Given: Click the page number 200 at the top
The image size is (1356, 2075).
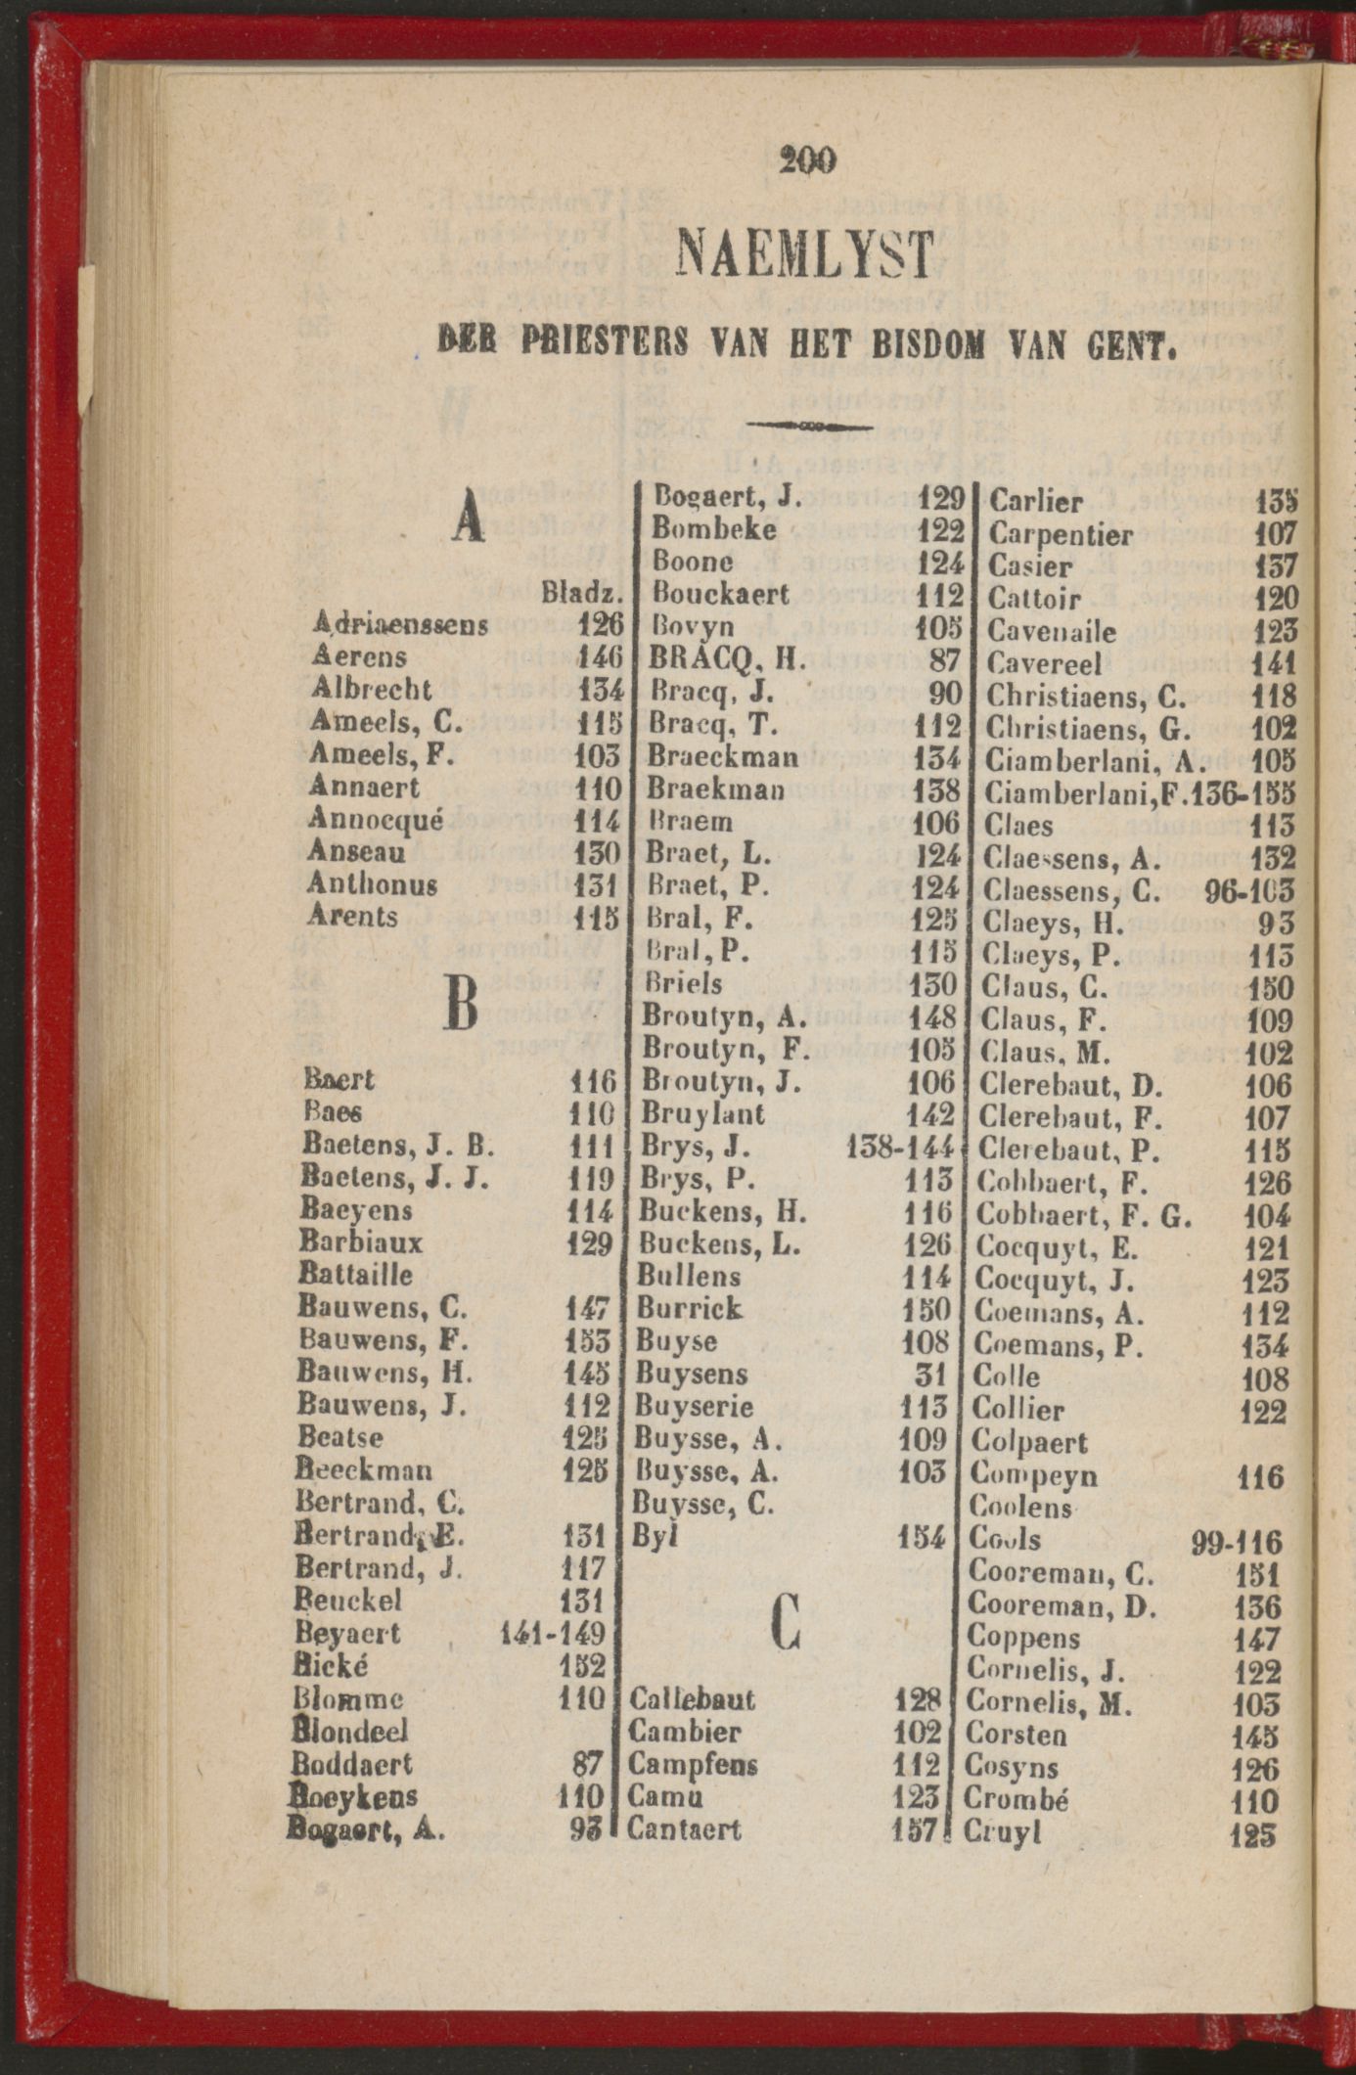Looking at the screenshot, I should pyautogui.click(x=808, y=159).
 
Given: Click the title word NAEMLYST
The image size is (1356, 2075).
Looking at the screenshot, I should pyautogui.click(x=806, y=254).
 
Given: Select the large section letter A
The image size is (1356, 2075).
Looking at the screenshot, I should pyautogui.click(x=469, y=516).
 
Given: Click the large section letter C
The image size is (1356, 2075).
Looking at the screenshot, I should pyautogui.click(x=786, y=1619).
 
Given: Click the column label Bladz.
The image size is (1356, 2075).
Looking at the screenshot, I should pyautogui.click(x=583, y=594).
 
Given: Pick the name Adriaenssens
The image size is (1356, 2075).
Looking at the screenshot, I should pyautogui.click(x=399, y=624).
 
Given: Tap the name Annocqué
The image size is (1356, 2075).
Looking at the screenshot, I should pyautogui.click(x=376, y=819).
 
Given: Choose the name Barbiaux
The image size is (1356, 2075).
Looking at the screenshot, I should pyautogui.click(x=362, y=1242).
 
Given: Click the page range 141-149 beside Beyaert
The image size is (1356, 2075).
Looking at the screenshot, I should pyautogui.click(x=553, y=1633).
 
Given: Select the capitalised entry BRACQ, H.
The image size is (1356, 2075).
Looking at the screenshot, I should pyautogui.click(x=727, y=661).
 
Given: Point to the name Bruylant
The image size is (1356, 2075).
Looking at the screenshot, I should pyautogui.click(x=702, y=1113).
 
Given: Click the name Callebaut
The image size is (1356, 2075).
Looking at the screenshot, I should pyautogui.click(x=692, y=1699).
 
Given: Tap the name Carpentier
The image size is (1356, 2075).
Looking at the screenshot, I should pyautogui.click(x=1060, y=535).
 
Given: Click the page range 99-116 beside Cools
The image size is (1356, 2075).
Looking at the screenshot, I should pyautogui.click(x=1236, y=1543).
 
